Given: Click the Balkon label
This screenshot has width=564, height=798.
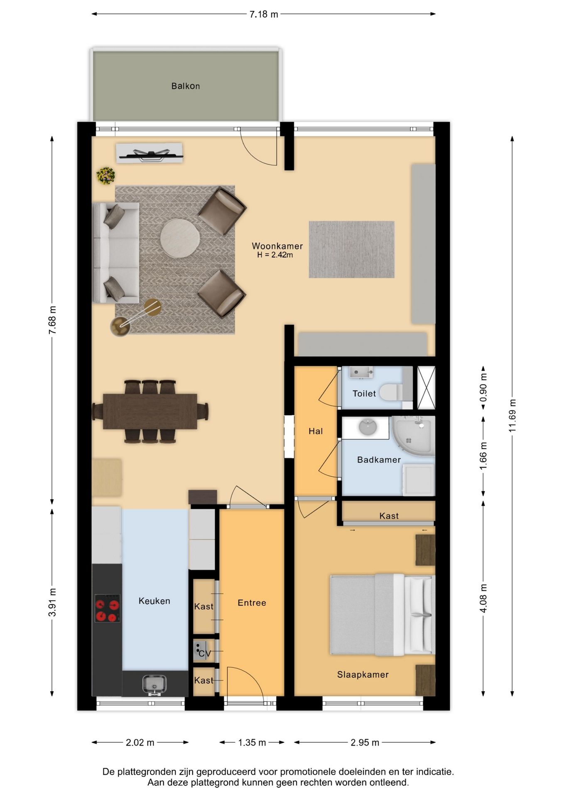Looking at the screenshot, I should tap(186, 86).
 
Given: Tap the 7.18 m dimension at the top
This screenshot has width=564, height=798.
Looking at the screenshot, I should tap(263, 15).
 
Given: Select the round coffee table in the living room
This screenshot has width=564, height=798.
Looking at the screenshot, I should tap(180, 238).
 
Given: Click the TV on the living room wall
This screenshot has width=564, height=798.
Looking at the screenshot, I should tap(150, 154).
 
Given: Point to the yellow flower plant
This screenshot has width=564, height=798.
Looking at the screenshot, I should tap(106, 175).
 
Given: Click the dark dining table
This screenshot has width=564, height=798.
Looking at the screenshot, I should tap(150, 411).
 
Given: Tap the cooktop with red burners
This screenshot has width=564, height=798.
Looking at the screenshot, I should tap(108, 608).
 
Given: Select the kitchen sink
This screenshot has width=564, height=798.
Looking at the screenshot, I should tap(154, 685).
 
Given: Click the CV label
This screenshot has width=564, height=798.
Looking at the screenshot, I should tap(205, 654).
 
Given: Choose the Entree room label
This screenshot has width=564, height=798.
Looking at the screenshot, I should tap(252, 603).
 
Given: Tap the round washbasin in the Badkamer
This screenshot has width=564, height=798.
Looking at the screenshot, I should tap(368, 427).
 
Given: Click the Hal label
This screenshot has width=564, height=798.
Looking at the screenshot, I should tap(316, 431).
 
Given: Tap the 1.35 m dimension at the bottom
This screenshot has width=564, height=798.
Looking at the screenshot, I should tap(252, 742).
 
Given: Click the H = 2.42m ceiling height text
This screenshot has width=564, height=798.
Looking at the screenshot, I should tap(275, 255).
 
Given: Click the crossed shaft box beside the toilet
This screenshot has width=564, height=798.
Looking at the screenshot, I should tap(426, 387).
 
